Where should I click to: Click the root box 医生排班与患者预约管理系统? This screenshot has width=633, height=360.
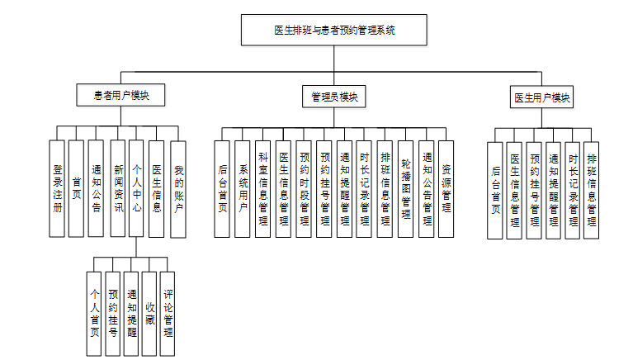pos(334,31)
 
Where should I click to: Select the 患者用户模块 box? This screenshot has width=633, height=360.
pos(120,96)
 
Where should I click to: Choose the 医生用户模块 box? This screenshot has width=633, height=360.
pos(542,98)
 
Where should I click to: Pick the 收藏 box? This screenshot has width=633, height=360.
pos(149,314)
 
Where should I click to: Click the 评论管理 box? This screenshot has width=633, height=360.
pos(168,314)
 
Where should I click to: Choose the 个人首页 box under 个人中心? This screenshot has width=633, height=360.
pos(95,314)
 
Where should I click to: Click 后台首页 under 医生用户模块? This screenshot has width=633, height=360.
pos(495,190)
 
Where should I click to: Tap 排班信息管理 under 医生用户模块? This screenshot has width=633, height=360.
pos(591,190)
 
